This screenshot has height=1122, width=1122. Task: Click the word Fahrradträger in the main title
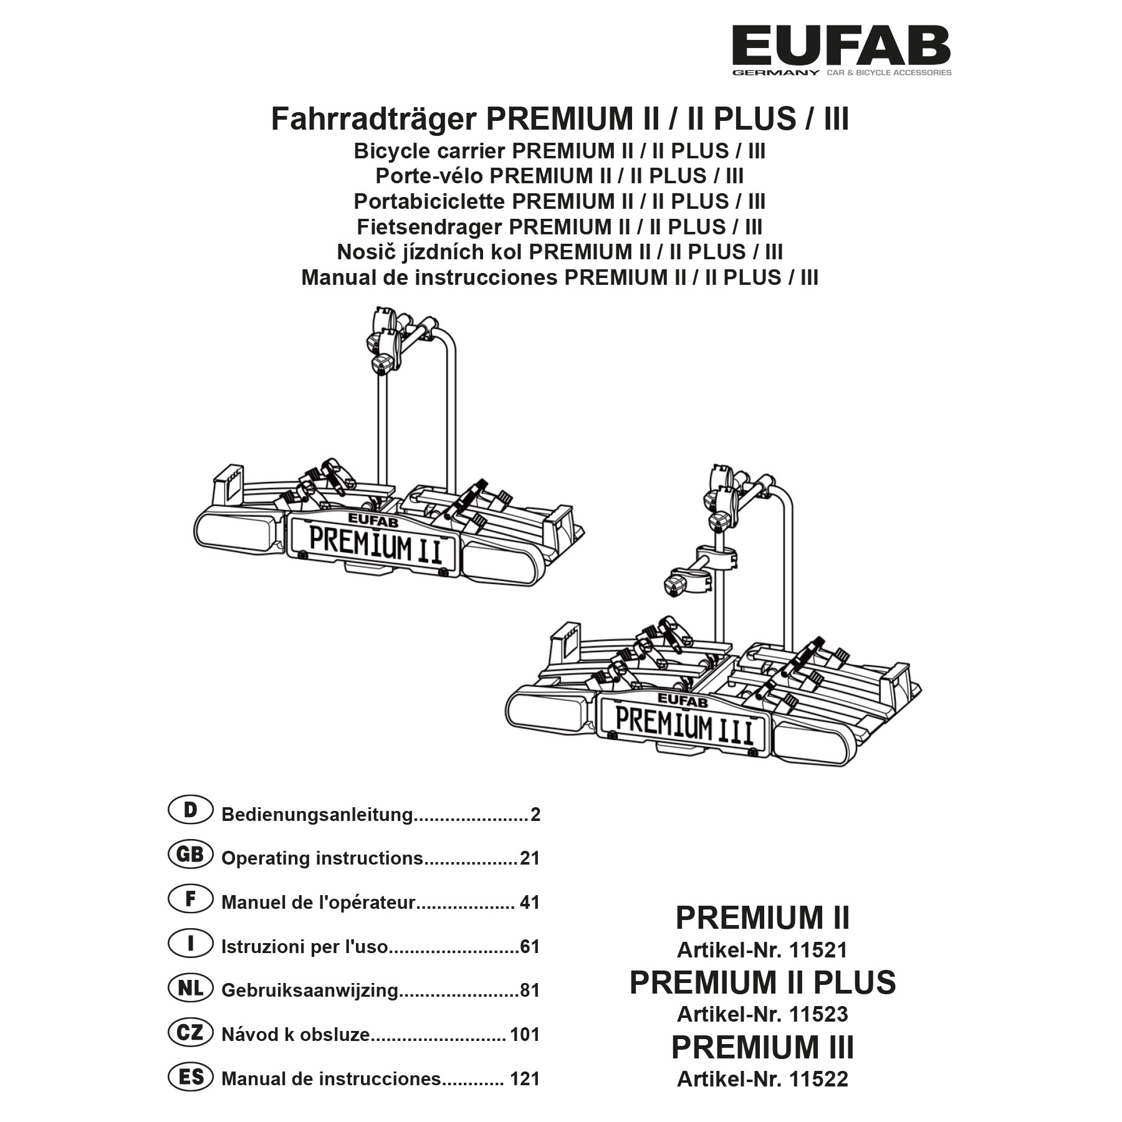click(x=373, y=119)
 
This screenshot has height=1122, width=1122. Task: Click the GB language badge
click(x=190, y=855)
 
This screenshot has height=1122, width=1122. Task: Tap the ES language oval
click(x=190, y=1076)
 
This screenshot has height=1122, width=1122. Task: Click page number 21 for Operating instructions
click(x=530, y=858)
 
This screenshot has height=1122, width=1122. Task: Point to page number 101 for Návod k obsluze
click(x=524, y=1035)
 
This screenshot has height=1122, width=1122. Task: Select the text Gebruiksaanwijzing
click(x=309, y=990)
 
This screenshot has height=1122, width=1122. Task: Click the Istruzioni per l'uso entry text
click(x=304, y=947)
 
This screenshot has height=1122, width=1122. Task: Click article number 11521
click(x=818, y=951)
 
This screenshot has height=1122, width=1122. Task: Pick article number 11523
click(x=818, y=1015)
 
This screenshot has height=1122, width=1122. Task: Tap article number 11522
click(x=818, y=1079)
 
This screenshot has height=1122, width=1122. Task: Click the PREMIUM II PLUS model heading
click(x=762, y=983)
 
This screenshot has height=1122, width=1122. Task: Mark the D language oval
click(x=190, y=810)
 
